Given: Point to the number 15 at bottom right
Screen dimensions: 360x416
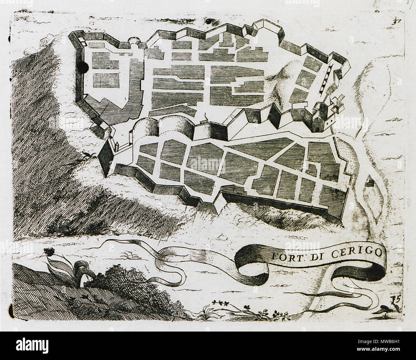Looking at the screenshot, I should click(x=395, y=300).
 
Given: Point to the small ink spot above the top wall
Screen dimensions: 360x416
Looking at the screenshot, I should click(x=210, y=21).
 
